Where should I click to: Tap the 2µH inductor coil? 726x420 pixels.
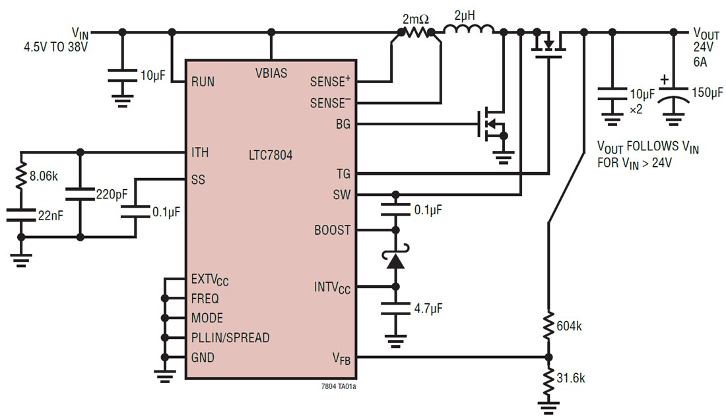coord(468,30)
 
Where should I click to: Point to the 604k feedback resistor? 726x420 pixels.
coord(548,325)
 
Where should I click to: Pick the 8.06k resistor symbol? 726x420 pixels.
coord(21,176)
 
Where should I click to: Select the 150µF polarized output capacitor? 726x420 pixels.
coord(673,98)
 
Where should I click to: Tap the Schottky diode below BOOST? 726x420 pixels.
coord(396,260)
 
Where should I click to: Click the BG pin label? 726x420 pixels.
coord(343,124)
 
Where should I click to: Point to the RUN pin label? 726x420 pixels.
coord(203,82)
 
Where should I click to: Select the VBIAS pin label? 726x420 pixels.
coord(271,73)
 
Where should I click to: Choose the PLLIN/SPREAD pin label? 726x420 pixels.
coord(230,338)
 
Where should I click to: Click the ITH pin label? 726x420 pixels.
coord(200,152)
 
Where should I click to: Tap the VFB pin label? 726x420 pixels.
coord(341,358)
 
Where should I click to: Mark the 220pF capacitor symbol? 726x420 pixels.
coord(81,195)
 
